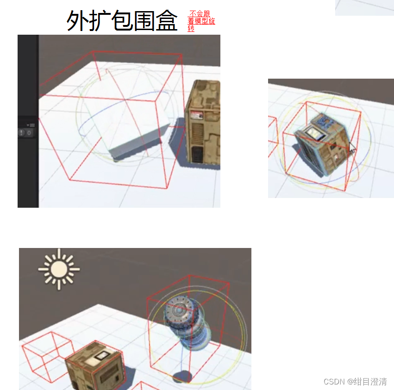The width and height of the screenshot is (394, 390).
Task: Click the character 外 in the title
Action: coord(77,21)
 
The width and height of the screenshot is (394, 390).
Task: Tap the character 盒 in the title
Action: coord(167,21)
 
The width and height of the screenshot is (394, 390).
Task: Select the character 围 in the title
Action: coord(144,21)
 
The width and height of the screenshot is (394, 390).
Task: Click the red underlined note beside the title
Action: coord(201,21)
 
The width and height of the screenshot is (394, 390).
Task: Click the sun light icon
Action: coord(59,269)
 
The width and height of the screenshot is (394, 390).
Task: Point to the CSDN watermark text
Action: coord(355,382)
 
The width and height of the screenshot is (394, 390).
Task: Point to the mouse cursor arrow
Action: coord(352,148)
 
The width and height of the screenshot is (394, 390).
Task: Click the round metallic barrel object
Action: coord(187,322)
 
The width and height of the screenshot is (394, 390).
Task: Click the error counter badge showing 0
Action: coord(25,133)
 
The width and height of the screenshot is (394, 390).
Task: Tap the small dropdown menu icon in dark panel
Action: coord(31,125)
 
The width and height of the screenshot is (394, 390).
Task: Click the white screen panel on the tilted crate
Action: coord(314,133)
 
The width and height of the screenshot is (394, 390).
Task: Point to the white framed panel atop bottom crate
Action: coord(102,356)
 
